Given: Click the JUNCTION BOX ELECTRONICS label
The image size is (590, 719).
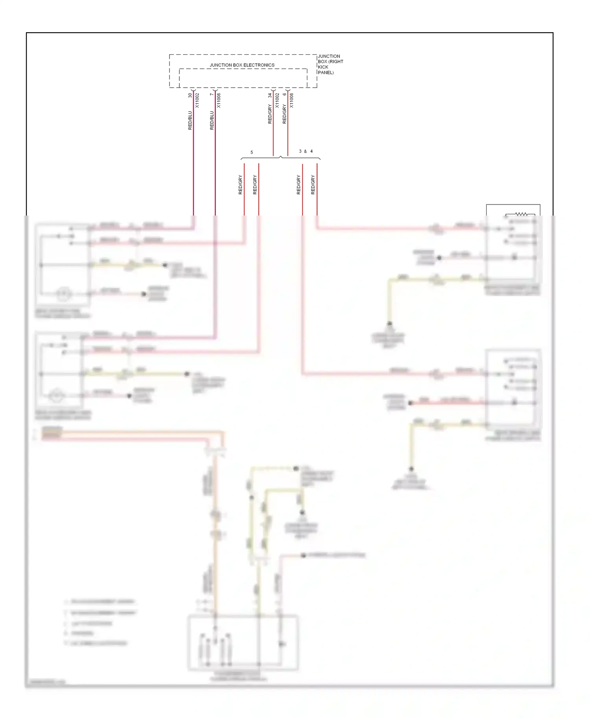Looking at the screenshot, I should (242, 65).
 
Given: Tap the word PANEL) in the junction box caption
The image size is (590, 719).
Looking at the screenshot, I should (326, 72).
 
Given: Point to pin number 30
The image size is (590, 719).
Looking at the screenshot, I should (190, 95).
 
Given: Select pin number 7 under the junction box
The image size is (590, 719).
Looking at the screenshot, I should (212, 94).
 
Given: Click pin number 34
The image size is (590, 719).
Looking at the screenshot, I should (270, 95).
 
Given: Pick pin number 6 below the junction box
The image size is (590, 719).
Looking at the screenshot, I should (284, 94).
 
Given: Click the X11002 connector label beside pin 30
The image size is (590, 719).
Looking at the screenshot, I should (197, 100).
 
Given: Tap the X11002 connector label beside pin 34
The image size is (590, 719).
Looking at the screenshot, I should (277, 100).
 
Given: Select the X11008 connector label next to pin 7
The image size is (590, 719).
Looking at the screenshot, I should (219, 100).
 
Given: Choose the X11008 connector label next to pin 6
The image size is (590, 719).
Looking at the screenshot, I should (291, 100).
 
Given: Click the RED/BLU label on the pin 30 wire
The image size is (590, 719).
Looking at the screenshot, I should (190, 120).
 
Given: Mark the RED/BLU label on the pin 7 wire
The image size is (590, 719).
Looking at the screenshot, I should (212, 120).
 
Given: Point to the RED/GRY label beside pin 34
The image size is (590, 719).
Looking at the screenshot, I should (270, 114).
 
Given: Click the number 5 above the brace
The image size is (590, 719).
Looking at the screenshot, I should (252, 152).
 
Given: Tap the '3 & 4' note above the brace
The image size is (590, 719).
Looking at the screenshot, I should (306, 151).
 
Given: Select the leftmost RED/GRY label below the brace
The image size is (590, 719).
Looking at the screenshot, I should (240, 185).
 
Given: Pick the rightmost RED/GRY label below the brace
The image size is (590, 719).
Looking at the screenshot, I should (313, 185).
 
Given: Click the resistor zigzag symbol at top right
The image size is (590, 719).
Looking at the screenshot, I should (521, 214).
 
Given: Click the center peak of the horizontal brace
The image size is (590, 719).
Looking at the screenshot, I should (280, 157).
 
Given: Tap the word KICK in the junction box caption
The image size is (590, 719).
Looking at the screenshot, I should (323, 67).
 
